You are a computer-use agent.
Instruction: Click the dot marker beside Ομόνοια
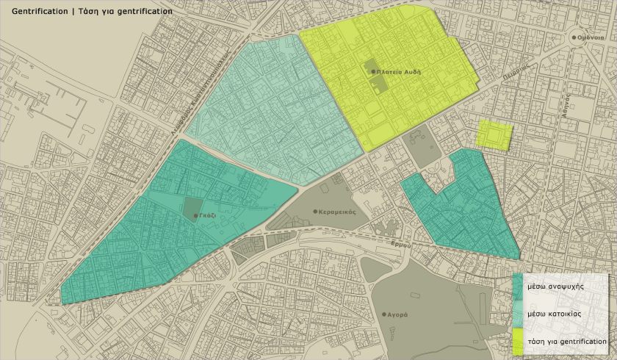[573, 37]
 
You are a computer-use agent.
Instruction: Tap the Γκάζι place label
[209, 216]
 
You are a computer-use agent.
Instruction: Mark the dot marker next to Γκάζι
[195, 216]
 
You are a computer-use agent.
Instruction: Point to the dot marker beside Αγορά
[383, 314]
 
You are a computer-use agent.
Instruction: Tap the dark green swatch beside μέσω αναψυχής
[518, 287]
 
